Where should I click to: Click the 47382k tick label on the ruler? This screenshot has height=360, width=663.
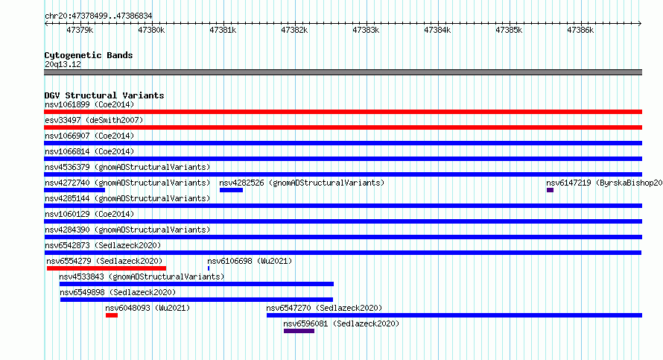tap(294, 31)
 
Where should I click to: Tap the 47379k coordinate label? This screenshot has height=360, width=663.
tap(80, 31)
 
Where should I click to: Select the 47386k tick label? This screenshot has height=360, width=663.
tap(580, 31)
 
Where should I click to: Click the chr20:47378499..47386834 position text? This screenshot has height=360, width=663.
tap(98, 16)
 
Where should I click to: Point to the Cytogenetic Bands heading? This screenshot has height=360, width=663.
tap(89, 55)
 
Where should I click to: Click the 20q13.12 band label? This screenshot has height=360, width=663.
tap(63, 64)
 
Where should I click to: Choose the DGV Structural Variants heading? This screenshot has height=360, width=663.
tap(104, 95)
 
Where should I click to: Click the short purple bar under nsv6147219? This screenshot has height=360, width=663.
tap(550, 190)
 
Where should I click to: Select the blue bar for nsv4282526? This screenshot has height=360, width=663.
tap(231, 190)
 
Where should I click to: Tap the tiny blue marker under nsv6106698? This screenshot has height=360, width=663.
tap(209, 268)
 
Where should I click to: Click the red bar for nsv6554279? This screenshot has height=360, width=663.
tap(107, 268)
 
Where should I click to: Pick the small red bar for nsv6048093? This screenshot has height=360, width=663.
tap(112, 315)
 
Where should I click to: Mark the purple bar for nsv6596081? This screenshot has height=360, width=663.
tap(299, 331)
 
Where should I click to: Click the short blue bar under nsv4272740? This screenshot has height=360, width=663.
tap(74, 190)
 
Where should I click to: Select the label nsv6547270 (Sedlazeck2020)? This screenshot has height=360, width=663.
tap(324, 308)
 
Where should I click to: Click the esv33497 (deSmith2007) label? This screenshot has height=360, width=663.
tap(94, 120)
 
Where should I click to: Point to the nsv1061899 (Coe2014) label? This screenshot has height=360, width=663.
tap(89, 104)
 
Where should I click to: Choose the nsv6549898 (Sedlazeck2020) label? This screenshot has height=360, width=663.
tap(118, 292)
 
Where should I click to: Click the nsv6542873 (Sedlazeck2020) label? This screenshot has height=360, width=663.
tap(103, 245)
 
